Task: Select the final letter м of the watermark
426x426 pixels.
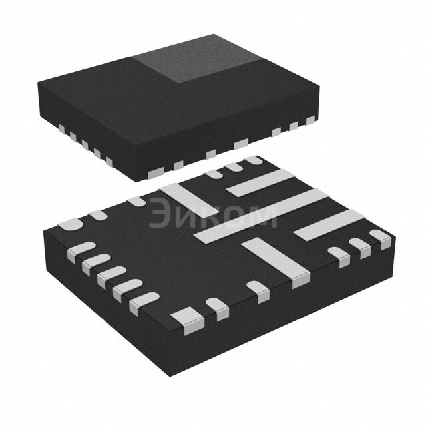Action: [264, 215]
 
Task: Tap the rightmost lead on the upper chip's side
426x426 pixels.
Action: [310, 120]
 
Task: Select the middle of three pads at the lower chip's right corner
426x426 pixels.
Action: [361, 247]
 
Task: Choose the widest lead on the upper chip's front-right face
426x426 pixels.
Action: [240, 144]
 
